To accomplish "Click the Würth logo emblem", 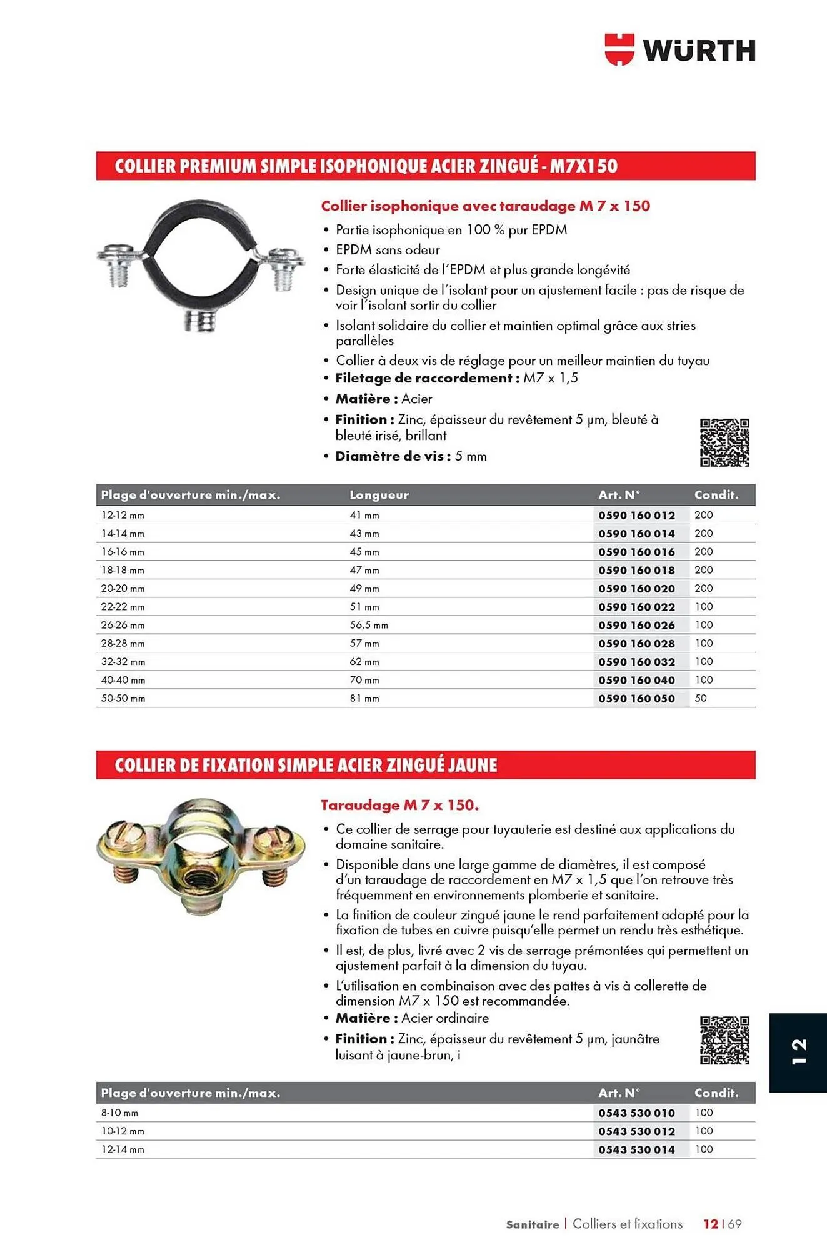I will pos(619,49).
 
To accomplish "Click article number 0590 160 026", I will pos(636,625).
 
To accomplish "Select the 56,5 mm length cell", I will pos(369,625).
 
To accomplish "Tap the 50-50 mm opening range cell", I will pos(123,698).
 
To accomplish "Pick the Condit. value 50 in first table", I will pos(701,698).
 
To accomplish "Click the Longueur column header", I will pos(379,495).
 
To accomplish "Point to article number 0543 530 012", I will pos(636,1131).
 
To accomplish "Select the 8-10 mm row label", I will pos(120,1112).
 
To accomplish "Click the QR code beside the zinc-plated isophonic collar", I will pos(724,442).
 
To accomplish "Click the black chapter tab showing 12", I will pos(798,1052).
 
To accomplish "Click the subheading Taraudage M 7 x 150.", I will pos(399,805).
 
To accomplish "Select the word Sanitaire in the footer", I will pos(532,1224).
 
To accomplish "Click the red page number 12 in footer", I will pos(710,1224).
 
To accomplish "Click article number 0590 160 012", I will pos(636,516).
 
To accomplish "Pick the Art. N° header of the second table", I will pos(619,1092).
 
